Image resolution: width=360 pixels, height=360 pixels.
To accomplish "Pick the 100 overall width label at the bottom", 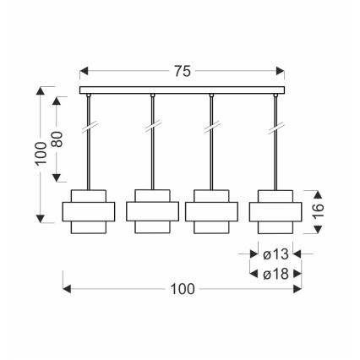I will tap(182, 289).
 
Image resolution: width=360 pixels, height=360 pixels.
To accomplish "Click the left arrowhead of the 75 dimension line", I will tap(83, 72).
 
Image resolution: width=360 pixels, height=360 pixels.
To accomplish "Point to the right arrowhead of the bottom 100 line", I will tap(300, 289).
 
